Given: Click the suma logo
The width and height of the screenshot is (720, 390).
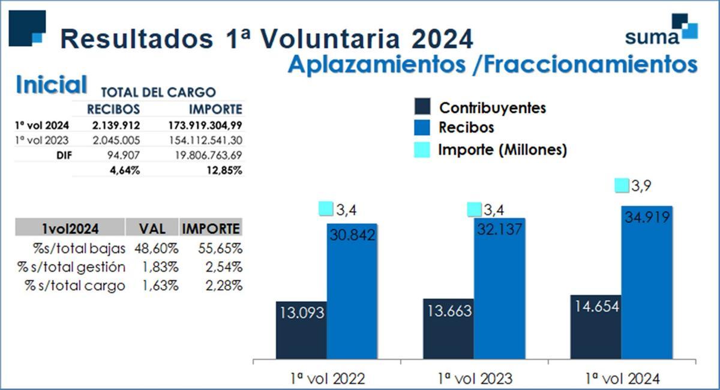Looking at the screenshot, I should [661, 30].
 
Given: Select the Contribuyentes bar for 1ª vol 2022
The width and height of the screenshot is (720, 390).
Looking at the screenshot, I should [301, 330].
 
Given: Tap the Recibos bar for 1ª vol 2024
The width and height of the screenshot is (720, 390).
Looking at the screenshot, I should [647, 282].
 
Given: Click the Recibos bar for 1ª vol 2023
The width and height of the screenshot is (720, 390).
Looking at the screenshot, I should [499, 288].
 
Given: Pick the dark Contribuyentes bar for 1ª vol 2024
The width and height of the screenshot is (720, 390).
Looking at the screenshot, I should [595, 327].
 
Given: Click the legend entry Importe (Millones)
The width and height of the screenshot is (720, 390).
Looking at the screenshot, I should [502, 149].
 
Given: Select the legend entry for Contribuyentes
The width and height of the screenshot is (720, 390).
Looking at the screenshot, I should [492, 108].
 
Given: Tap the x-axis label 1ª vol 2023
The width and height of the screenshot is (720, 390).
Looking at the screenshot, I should [475, 379].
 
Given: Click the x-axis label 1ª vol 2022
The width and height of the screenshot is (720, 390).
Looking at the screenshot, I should [327, 379].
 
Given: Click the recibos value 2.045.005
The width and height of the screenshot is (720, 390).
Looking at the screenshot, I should [113, 140].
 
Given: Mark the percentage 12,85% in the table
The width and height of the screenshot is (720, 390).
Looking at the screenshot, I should [224, 170].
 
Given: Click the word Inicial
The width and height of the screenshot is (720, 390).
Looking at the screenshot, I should [52, 85].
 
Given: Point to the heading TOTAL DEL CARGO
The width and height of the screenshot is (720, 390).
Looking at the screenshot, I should [158, 92].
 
